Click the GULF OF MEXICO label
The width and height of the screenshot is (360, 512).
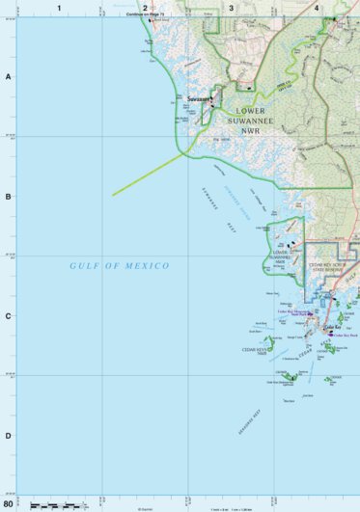[x=120, y=265]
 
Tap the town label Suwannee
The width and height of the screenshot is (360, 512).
[x=199, y=99]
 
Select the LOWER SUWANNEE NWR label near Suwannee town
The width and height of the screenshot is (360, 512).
[x=251, y=119]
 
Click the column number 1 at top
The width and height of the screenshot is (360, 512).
[x=59, y=7]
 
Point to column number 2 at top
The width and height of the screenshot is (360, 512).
[x=145, y=7]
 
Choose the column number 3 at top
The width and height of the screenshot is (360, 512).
[x=231, y=7]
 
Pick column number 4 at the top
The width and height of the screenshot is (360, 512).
[x=317, y=7]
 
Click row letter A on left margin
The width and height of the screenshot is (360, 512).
[x=8, y=76]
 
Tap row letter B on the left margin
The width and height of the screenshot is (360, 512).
[x=8, y=196]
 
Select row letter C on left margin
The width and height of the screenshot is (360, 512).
[x=8, y=315]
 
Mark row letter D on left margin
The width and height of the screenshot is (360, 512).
[x=8, y=435]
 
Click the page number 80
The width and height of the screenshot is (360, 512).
[x=9, y=503]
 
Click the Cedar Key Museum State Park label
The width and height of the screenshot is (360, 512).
[x=293, y=312]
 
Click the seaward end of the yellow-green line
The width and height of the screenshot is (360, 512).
[x=113, y=195]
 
